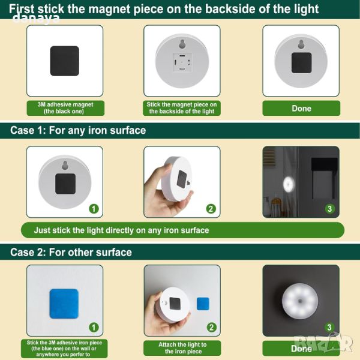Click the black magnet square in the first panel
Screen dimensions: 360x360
[x=65, y=61]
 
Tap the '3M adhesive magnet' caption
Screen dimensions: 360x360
[x=65, y=104]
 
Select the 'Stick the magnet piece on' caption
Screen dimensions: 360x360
[x=182, y=104]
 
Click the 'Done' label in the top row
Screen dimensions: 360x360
[x=301, y=109]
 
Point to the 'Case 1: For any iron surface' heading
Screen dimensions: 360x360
[x=78, y=130]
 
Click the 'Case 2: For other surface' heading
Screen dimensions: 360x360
[x=71, y=252]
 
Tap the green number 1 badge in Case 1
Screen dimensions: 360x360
[x=94, y=209]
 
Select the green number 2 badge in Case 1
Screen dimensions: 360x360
[x=211, y=209]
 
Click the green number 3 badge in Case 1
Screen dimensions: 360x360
[x=329, y=209]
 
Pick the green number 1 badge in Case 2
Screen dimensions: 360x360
[x=94, y=328]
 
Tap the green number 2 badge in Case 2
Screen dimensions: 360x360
[x=211, y=328]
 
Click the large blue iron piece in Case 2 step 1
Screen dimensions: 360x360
[x=64, y=304]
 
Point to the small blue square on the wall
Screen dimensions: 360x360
[x=203, y=304]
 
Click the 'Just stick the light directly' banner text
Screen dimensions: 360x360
[x=121, y=230]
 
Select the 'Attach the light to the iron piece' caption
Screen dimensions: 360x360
[x=183, y=348]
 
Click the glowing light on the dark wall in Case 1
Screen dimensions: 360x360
[x=289, y=184]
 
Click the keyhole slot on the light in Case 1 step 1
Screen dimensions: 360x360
[x=65, y=165]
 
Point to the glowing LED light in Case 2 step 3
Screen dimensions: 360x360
[x=300, y=301]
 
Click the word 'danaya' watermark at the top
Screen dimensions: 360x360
[x=36, y=19]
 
